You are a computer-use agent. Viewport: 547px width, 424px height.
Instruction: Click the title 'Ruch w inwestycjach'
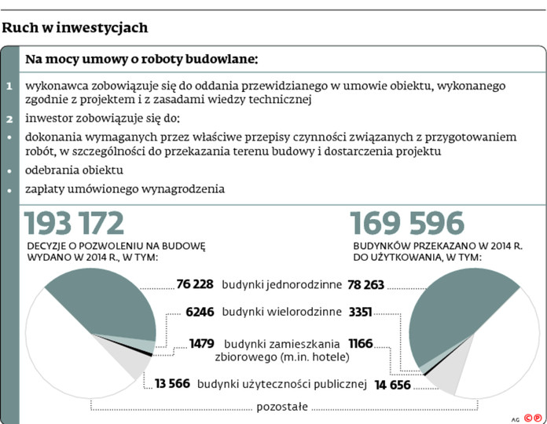[75, 28]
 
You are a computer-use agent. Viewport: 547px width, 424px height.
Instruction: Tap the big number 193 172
[75, 224]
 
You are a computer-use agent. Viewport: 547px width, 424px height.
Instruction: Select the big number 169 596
[408, 224]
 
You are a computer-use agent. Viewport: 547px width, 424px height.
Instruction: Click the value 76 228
[195, 284]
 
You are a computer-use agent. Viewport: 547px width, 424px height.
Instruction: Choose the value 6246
[200, 312]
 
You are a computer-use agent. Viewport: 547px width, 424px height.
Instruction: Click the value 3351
[361, 312]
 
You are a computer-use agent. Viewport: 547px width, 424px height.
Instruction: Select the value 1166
[359, 343]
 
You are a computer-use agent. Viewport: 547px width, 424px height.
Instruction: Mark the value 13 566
[172, 384]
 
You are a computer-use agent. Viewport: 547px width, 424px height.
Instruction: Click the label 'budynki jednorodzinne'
[281, 284]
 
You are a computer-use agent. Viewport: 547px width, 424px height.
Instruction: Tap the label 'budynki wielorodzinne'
[281, 312]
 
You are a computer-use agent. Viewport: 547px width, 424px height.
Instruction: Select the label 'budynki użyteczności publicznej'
[282, 384]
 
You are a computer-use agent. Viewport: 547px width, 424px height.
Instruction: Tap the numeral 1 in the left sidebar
[9, 86]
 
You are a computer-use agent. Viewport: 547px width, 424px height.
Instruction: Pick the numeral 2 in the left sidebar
[9, 119]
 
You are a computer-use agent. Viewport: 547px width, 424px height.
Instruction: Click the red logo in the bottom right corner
[534, 417]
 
